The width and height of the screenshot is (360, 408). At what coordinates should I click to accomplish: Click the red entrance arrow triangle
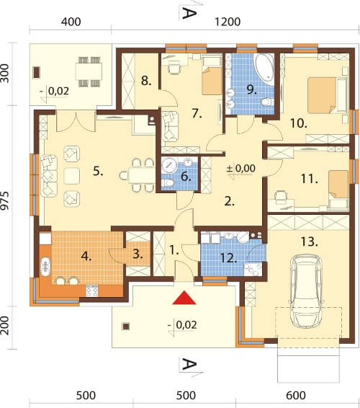pos(184,298)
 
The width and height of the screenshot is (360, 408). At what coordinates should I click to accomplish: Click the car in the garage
pos(307,291)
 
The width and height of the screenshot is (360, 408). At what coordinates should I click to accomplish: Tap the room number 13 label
pos(309,241)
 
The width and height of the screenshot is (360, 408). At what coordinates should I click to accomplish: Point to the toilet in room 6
pos(167,182)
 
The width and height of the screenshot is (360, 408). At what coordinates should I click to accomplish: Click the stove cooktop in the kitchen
pos(92,291)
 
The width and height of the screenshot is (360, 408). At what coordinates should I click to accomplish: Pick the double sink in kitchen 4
pos(45,267)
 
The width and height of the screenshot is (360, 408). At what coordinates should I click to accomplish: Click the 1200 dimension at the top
pos(228,22)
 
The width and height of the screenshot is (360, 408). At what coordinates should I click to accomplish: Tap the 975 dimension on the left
pos(5,200)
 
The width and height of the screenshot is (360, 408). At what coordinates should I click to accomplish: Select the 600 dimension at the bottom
pos(296,396)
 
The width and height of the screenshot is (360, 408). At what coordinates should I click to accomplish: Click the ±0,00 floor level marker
pos(240,169)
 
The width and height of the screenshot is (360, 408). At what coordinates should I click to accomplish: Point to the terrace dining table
pos(89,71)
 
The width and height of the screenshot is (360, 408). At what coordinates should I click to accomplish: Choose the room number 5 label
pos(98,172)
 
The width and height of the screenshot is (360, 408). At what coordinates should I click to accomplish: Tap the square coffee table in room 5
pos(72,176)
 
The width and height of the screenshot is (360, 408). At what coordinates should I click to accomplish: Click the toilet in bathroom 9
pos(267,102)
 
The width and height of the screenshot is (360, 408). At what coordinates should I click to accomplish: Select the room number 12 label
pos(228,258)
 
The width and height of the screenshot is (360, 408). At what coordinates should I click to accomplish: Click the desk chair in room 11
pos(280,198)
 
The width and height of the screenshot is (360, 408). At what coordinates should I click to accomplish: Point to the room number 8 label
pos(146,81)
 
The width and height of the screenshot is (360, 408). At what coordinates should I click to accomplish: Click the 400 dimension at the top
pos(71,22)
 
